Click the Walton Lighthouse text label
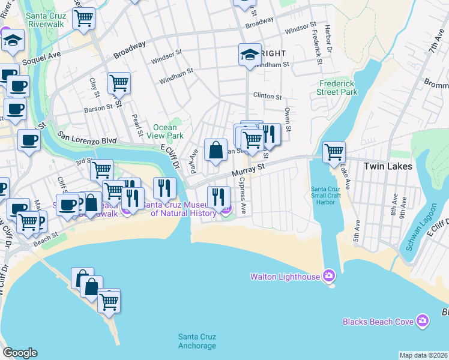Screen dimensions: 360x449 click(285, 276)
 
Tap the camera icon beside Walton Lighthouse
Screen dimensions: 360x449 click(328, 276)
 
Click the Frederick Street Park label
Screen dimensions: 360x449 click(338, 88)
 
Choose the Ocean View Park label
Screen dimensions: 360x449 click(165, 131)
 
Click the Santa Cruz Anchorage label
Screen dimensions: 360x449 click(197, 341)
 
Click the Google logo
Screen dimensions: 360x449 click(20, 352)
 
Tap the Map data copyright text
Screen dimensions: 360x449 click(423, 355)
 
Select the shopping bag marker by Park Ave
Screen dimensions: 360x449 click(215, 149)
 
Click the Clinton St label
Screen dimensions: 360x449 click(267, 97)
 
